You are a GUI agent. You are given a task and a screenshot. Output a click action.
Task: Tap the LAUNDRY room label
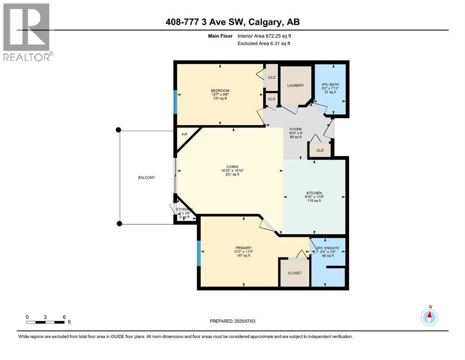295,85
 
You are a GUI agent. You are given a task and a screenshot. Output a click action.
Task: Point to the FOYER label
295,129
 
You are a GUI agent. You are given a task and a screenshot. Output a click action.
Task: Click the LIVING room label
232,166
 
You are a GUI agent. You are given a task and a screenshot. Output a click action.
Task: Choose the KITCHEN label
314,193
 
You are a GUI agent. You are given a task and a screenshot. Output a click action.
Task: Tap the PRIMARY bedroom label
244,248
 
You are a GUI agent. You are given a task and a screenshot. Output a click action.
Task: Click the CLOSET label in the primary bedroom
295,273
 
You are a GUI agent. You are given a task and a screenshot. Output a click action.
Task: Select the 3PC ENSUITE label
328,247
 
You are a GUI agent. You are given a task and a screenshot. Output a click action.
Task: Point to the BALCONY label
146,178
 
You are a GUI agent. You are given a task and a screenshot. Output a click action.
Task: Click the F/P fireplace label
184,135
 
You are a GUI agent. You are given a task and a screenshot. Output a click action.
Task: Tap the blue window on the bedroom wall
175,102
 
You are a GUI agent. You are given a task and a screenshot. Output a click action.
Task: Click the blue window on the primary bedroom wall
199,254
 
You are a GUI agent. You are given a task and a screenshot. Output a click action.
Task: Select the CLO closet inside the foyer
320,150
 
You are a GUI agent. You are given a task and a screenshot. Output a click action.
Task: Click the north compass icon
428,317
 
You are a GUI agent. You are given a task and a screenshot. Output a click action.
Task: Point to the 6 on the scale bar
64,317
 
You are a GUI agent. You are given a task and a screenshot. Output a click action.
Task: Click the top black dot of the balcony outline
118,130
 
